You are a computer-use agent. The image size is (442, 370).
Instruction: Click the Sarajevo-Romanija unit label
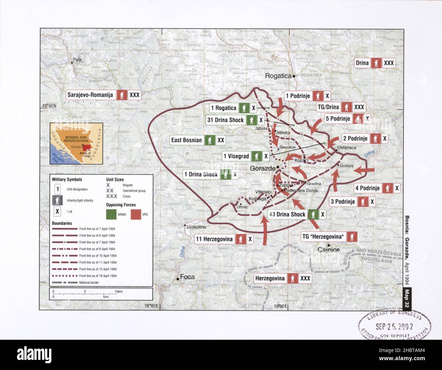[x=90, y=95]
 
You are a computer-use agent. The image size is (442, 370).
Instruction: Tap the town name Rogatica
[x=278, y=76]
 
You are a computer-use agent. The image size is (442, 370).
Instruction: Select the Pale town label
[x=77, y=60]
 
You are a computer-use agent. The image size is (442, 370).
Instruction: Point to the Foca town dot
[x=177, y=279]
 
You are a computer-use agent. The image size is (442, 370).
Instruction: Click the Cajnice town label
[x=328, y=250]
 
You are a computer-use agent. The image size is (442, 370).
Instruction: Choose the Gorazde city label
[x=262, y=168]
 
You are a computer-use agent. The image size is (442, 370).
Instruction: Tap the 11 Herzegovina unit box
[x=214, y=239]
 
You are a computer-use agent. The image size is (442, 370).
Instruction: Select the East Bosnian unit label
[x=186, y=140]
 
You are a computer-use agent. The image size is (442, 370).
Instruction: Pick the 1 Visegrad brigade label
[x=236, y=156]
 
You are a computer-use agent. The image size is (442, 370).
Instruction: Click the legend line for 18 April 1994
[x=64, y=276]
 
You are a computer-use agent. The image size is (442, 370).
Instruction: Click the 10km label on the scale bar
[x=118, y=292]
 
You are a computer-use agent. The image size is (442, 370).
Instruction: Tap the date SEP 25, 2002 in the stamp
[x=394, y=326]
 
